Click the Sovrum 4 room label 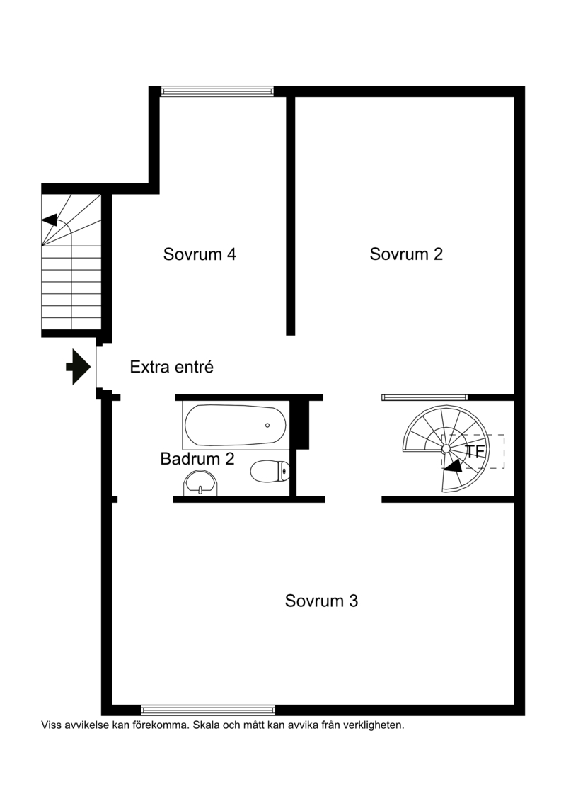point(200,254)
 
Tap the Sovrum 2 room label point(406,254)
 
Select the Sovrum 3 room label point(321,601)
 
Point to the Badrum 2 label point(197,458)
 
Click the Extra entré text point(171,367)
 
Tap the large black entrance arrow point(78,367)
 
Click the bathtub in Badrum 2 point(236,425)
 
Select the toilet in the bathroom point(270,471)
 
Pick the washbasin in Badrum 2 point(200,483)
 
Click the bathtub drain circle point(267,425)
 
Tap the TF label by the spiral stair point(475,452)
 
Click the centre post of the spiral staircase point(446,448)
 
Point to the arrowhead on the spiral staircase point(453,465)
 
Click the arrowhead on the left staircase point(50,220)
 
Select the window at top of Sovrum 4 point(217,91)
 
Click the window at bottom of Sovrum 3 point(208,710)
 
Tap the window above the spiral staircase point(424,397)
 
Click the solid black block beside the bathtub point(303,425)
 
